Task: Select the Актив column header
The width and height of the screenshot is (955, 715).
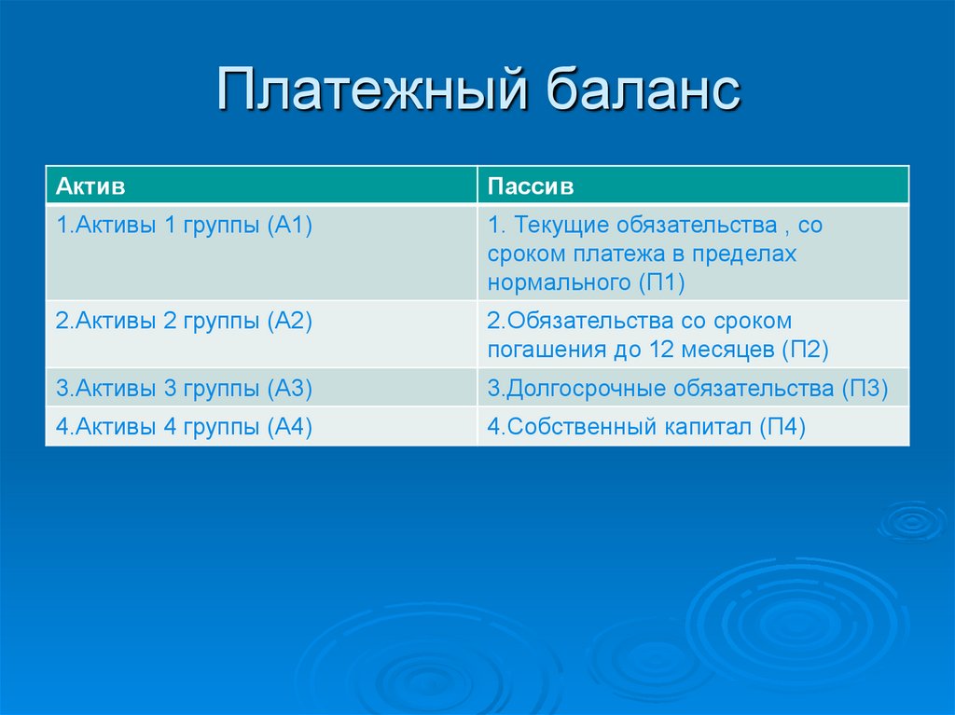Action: click(x=90, y=187)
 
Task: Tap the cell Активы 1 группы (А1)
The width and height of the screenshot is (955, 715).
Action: click(x=183, y=226)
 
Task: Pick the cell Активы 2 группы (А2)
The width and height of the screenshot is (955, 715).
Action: click(x=183, y=322)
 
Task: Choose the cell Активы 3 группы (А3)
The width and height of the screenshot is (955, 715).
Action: click(x=183, y=388)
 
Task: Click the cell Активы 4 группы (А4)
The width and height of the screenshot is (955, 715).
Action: click(x=183, y=427)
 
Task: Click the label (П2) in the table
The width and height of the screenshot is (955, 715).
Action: click(x=805, y=350)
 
